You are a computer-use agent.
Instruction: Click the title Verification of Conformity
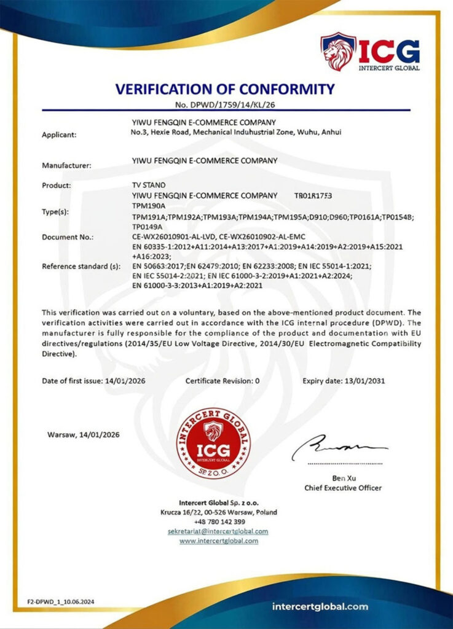[226, 88]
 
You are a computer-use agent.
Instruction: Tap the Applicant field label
[59, 135]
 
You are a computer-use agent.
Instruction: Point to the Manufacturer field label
[66, 165]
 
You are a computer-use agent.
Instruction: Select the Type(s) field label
[56, 212]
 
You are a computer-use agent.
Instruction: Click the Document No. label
[68, 236]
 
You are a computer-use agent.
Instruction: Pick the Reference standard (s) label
[81, 266]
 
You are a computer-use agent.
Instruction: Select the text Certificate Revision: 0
[223, 381]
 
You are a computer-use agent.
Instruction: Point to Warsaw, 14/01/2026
[84, 435]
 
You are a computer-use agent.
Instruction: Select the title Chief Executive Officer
[343, 488]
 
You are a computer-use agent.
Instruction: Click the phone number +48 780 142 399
[219, 522]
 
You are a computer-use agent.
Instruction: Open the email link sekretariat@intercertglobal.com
[219, 531]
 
